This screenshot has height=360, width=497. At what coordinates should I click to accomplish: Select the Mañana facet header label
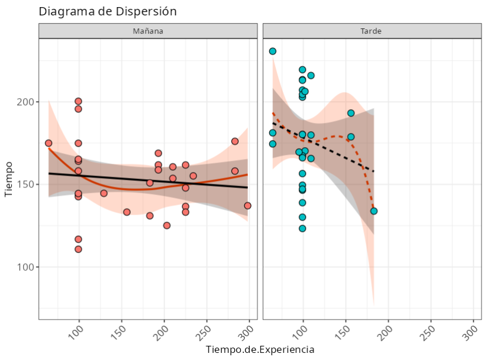tap(148, 31)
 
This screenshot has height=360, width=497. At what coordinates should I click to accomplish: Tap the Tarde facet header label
tap(371, 31)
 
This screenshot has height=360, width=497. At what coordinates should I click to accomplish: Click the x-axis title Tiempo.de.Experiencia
tap(260, 349)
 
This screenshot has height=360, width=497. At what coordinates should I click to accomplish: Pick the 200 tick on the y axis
tap(27, 102)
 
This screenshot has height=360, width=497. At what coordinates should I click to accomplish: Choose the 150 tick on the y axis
tap(27, 184)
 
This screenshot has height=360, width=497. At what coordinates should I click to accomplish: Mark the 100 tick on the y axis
tap(27, 267)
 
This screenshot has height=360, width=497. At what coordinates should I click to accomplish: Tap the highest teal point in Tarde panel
tap(273, 51)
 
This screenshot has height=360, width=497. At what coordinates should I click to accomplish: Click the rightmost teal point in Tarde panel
tap(374, 211)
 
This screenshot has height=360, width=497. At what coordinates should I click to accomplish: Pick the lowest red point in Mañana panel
tap(78, 249)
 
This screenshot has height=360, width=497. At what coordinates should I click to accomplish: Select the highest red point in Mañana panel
tap(78, 102)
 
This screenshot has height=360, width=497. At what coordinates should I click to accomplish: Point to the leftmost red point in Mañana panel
tap(49, 143)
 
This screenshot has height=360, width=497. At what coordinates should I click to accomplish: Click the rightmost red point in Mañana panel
tap(247, 206)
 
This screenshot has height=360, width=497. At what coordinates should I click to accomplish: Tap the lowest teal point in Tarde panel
tap(302, 228)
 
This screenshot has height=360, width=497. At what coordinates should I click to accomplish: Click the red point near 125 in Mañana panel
tap(167, 225)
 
